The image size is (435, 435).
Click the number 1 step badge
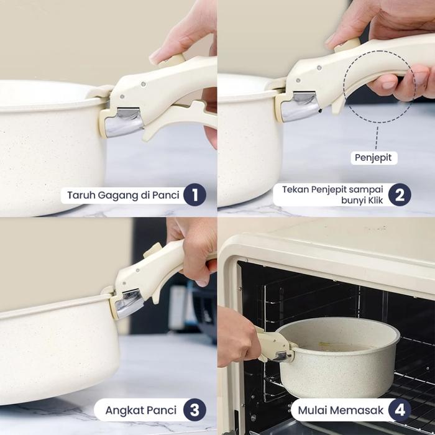(x=195, y=195)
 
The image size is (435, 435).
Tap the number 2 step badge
(x=400, y=195)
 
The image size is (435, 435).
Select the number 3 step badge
(x=195, y=410)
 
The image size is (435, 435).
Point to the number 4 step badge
(x=400, y=410)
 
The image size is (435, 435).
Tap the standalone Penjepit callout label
(x=373, y=158)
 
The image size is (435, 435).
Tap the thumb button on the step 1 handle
(x=174, y=60)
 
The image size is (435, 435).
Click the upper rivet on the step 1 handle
(x=143, y=84)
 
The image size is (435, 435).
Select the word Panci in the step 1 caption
(x=166, y=195)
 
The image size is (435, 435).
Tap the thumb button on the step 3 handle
(x=153, y=250)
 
